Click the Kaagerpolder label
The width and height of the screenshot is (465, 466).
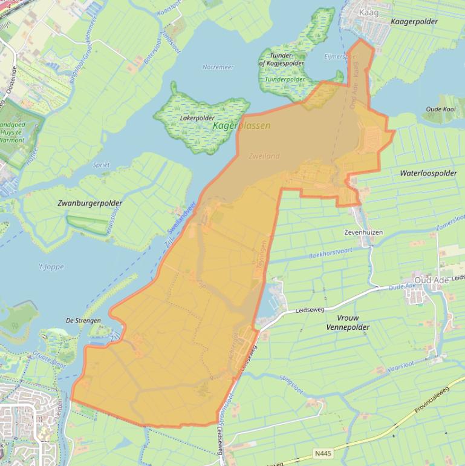pyautogui.click(x=414, y=22)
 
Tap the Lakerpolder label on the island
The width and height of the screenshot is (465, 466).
pyautogui.click(x=197, y=118)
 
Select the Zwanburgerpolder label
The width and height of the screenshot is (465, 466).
pyautogui.click(x=90, y=203)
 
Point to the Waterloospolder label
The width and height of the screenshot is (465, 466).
pyautogui.click(x=428, y=173)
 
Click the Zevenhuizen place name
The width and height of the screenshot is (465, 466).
pyautogui.click(x=364, y=232)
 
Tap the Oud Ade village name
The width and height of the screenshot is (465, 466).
pyautogui.click(x=428, y=280)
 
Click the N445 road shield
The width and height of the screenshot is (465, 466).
pyautogui.click(x=323, y=453)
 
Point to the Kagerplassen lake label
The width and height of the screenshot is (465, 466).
pyautogui.click(x=242, y=126)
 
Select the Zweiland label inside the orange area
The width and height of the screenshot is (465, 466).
pyautogui.click(x=264, y=156)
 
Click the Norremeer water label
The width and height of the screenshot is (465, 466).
pyautogui.click(x=218, y=67)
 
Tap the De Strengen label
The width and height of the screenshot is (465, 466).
pyautogui.click(x=83, y=320)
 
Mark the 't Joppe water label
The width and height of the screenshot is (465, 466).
pyautogui.click(x=51, y=266)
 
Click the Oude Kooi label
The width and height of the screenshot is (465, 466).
pyautogui.click(x=441, y=110)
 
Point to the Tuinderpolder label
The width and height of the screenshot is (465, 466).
pyautogui.click(x=284, y=79)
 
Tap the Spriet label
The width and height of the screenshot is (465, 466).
pyautogui.click(x=101, y=165)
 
